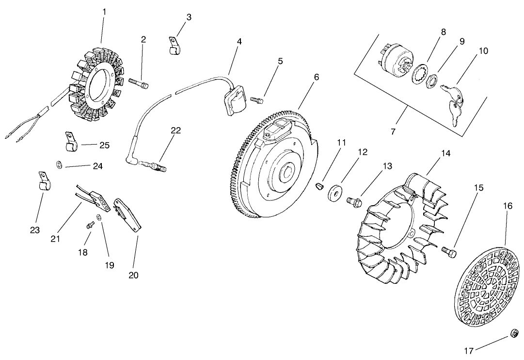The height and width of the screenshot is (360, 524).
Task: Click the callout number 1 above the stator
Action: (x=104, y=11)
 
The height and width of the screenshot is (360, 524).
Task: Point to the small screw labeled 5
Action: (x=256, y=99)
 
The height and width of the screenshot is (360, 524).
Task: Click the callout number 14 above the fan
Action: (x=446, y=153)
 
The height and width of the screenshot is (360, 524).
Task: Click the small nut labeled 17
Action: (x=513, y=334)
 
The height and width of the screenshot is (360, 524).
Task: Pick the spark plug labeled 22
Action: (x=152, y=167)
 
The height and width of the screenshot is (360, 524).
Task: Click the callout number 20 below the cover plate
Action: (x=133, y=275)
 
